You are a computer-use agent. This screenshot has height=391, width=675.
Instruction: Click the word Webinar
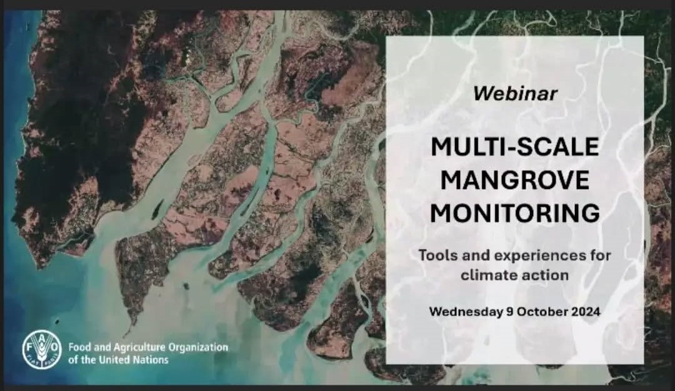pos(515,93)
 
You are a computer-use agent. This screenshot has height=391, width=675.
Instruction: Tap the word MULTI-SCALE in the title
pos(515,147)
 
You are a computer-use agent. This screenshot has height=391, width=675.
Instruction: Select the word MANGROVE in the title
pos(515,180)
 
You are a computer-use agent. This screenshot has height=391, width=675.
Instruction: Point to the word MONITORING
pos(515,213)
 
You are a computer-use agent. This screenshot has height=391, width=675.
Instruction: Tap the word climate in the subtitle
pos(484,275)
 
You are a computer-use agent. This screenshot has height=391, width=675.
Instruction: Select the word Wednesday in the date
pos(466,312)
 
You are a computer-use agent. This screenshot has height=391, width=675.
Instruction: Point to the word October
pos(542,312)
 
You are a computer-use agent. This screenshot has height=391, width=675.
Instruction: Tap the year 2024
pos(586,312)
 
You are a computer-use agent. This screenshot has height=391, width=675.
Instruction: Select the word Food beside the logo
pos(78,347)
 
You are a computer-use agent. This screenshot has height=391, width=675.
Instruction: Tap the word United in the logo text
pos(112,360)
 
